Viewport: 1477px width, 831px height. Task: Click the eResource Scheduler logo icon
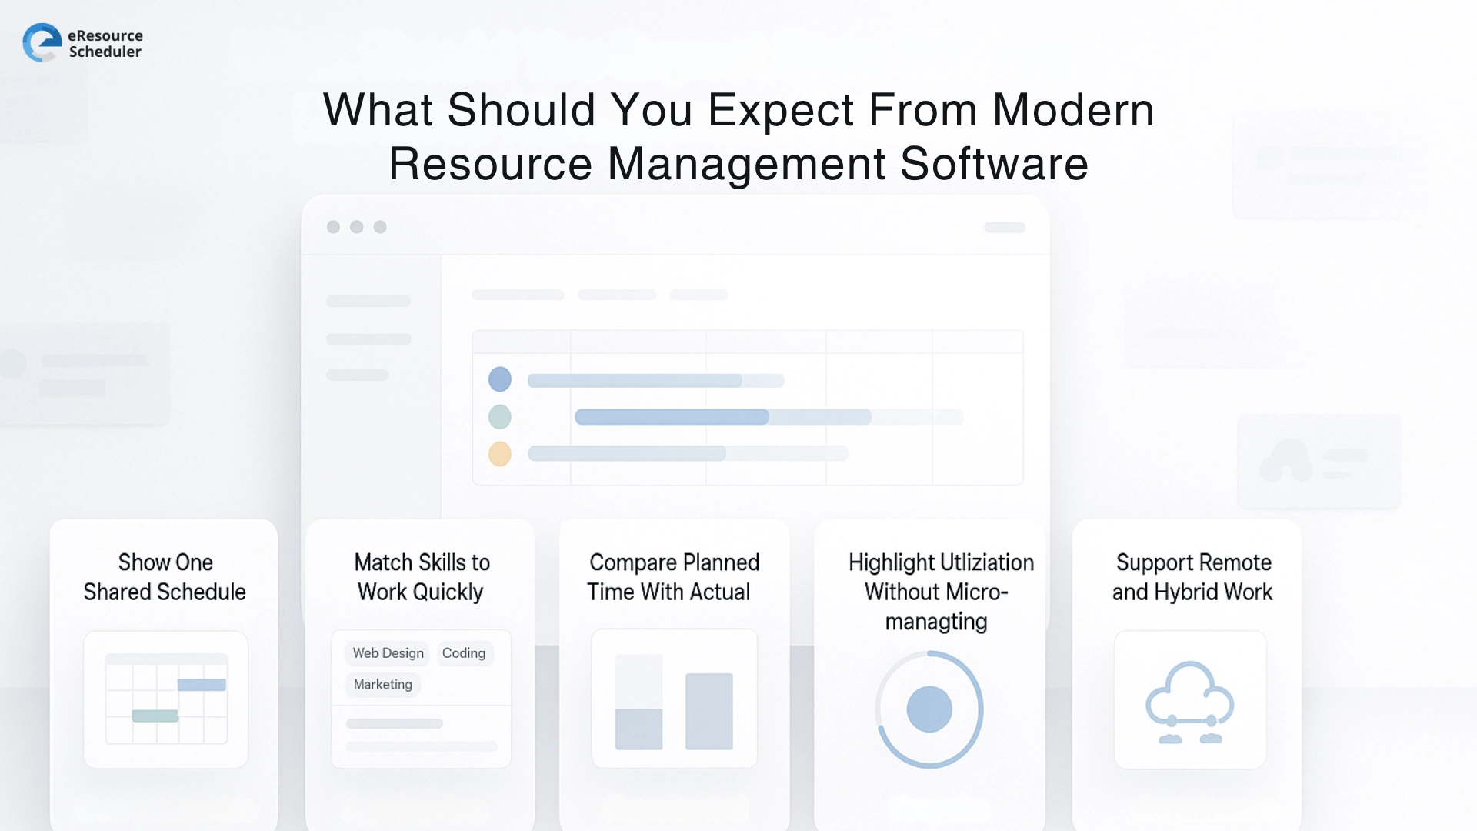click(x=42, y=42)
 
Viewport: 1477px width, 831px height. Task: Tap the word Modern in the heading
click(x=1073, y=110)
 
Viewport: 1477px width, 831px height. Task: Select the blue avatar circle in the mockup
click(x=500, y=379)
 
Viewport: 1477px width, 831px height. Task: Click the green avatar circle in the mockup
click(x=500, y=417)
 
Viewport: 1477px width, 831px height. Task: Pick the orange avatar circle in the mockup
click(x=500, y=454)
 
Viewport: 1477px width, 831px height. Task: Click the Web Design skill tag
click(x=388, y=653)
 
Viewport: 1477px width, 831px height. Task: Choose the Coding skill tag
click(x=464, y=653)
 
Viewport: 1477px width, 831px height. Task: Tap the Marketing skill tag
click(x=382, y=685)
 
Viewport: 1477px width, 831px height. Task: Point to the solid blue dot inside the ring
click(x=929, y=709)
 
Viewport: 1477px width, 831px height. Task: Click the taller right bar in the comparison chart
click(x=708, y=711)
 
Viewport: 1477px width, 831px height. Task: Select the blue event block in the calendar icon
click(x=202, y=685)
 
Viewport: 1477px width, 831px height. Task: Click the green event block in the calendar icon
click(x=155, y=716)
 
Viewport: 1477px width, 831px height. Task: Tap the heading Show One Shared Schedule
click(x=165, y=577)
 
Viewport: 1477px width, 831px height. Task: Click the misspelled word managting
click(x=936, y=622)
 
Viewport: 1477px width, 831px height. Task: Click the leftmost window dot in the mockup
click(x=333, y=227)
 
